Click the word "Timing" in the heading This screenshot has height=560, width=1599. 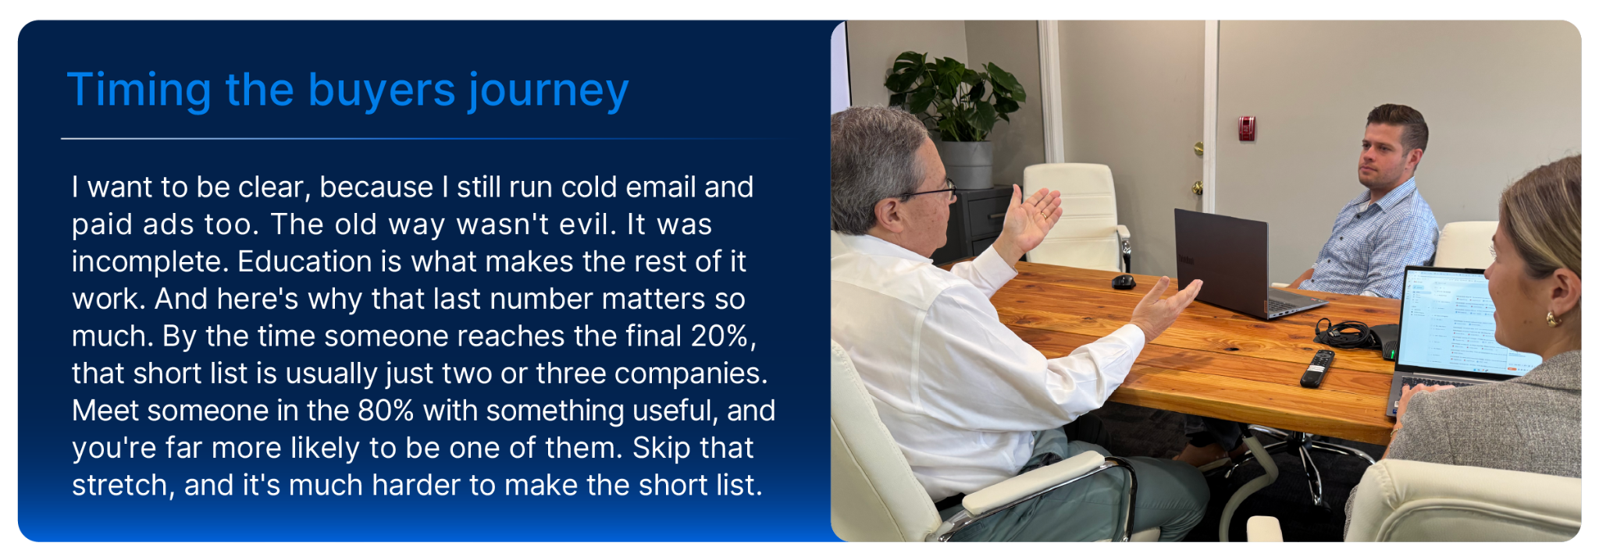coord(139,90)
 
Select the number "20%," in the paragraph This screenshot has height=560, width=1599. coord(724,336)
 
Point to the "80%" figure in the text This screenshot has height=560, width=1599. coord(386,410)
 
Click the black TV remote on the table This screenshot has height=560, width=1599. coord(1317,368)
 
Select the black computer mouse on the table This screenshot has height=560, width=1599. coord(1124,281)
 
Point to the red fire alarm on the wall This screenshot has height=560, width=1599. coord(1247,128)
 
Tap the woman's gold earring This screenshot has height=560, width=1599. coord(1553,318)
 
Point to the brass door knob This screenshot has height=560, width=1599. coord(1196,187)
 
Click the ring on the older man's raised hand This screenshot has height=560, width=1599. coord(1044,215)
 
